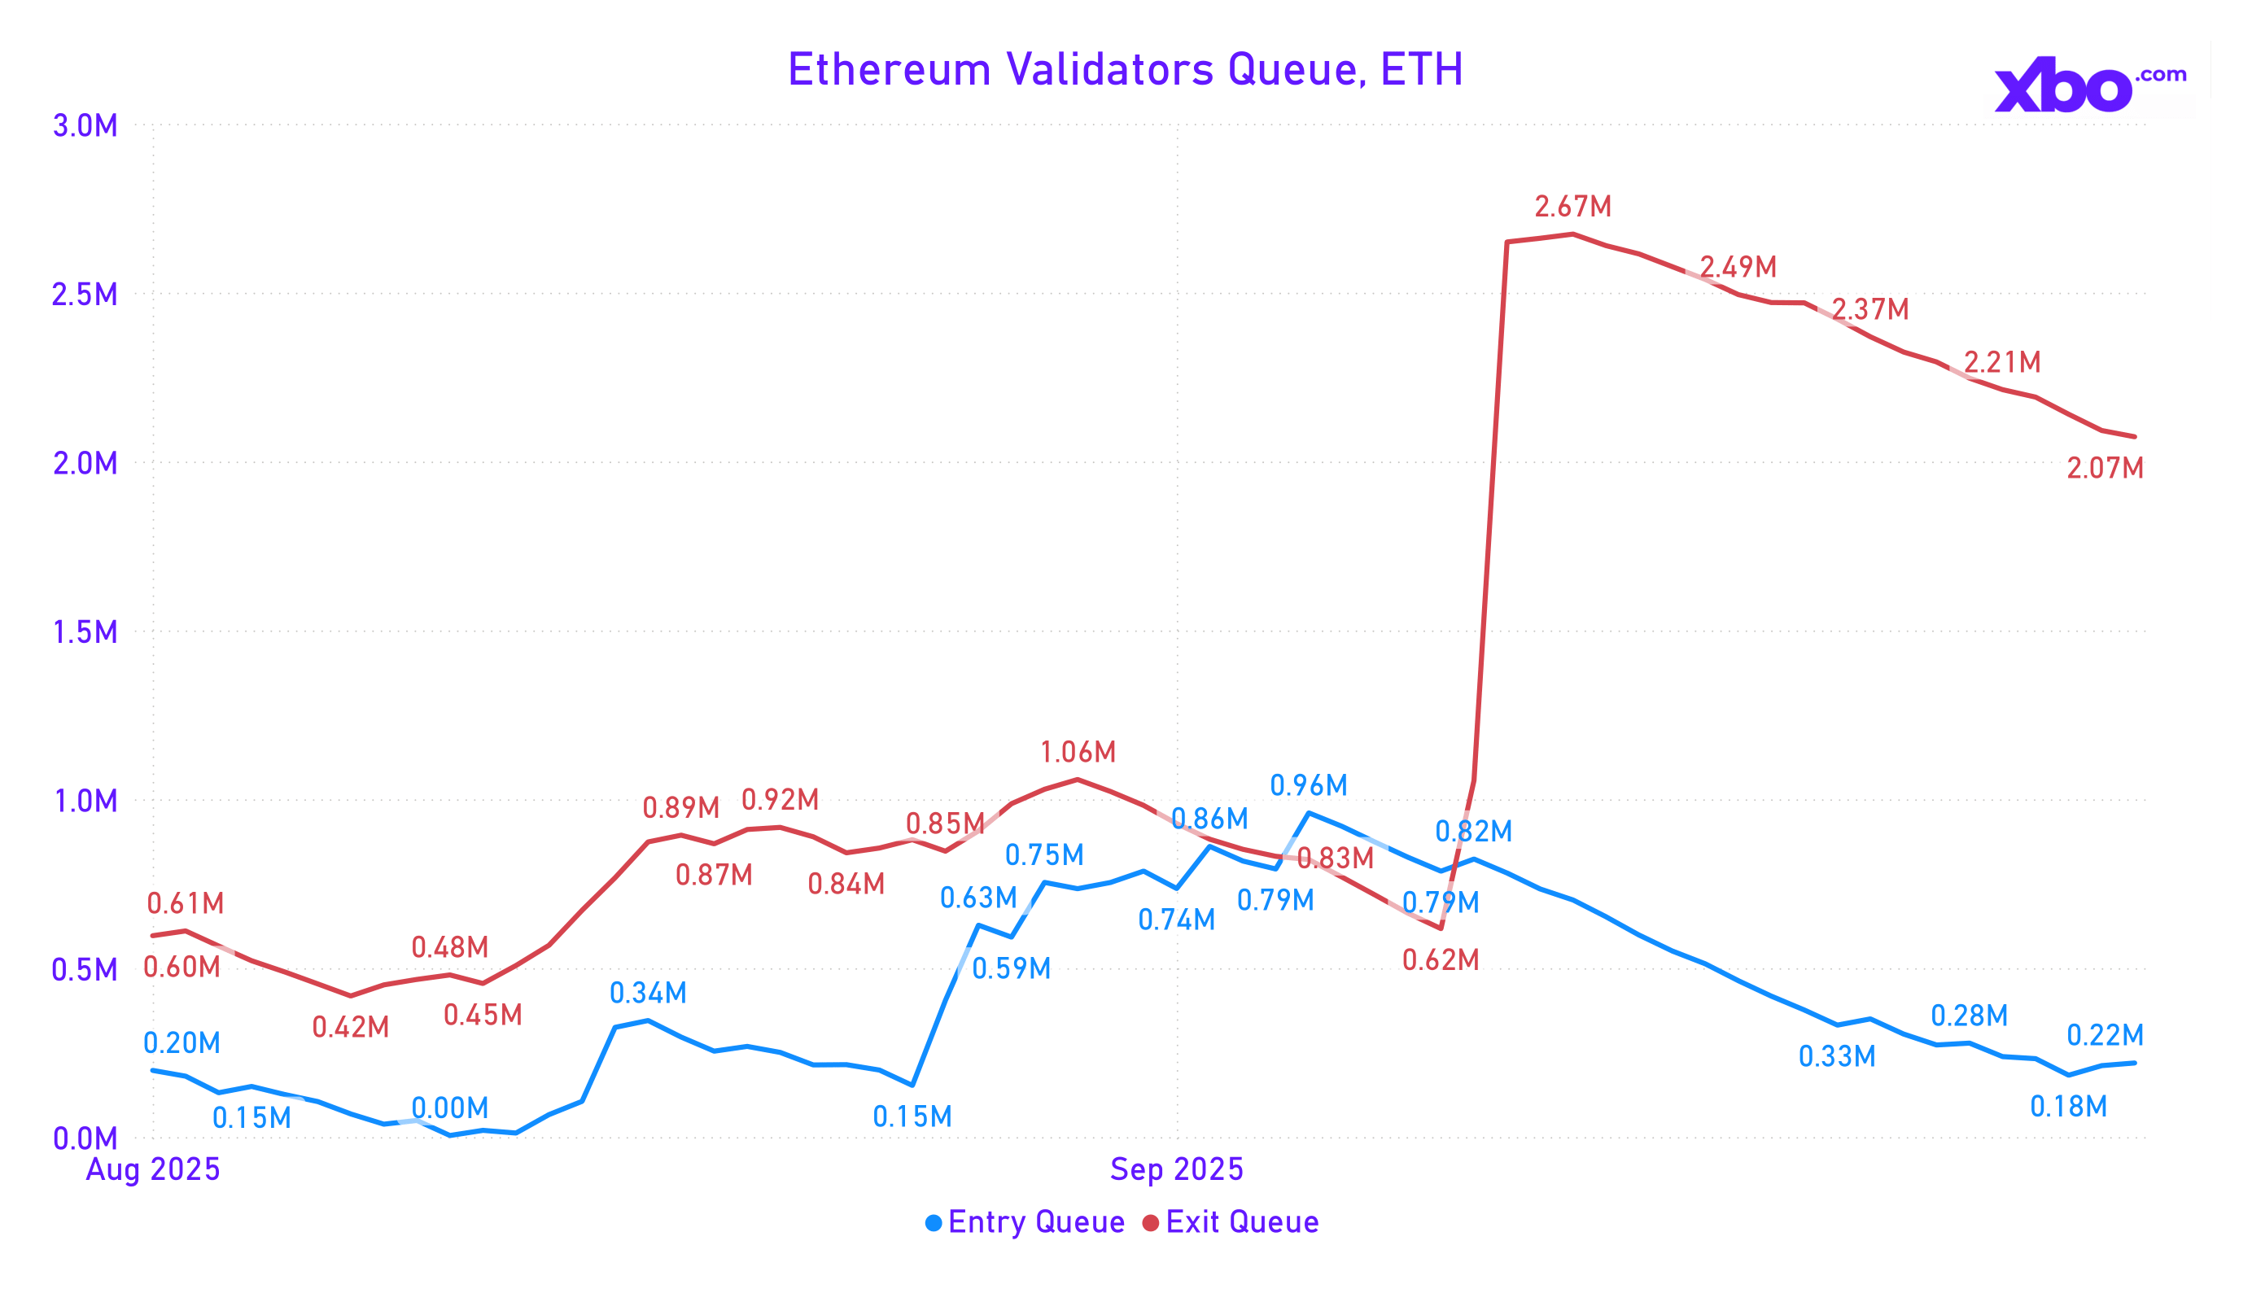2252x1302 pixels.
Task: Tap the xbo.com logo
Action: click(x=2089, y=85)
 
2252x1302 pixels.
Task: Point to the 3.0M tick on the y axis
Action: click(x=85, y=126)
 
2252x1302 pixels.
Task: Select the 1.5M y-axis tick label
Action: click(x=85, y=632)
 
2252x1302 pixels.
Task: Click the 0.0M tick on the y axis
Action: click(x=85, y=1139)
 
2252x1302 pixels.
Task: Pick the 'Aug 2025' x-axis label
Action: click(x=153, y=1169)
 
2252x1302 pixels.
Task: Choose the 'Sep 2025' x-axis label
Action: click(x=1176, y=1169)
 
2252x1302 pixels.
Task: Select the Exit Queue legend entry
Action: click(x=1231, y=1222)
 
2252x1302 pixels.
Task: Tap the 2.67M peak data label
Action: click(x=1573, y=208)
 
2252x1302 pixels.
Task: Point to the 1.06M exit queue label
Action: click(x=1078, y=753)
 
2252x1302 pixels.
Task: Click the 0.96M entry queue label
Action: click(x=1308, y=785)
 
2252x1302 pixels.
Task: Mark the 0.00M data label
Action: click(x=449, y=1109)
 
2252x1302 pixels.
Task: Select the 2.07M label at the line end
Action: click(x=2105, y=468)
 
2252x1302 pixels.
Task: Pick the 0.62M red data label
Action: click(x=1441, y=961)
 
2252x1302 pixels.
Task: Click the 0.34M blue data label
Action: click(x=648, y=993)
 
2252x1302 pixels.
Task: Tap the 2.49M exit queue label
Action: click(x=1738, y=267)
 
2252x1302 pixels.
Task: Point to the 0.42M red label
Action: click(x=350, y=1028)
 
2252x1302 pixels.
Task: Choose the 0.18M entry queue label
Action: click(x=2068, y=1108)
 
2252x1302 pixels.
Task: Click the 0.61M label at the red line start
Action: click(x=185, y=903)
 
